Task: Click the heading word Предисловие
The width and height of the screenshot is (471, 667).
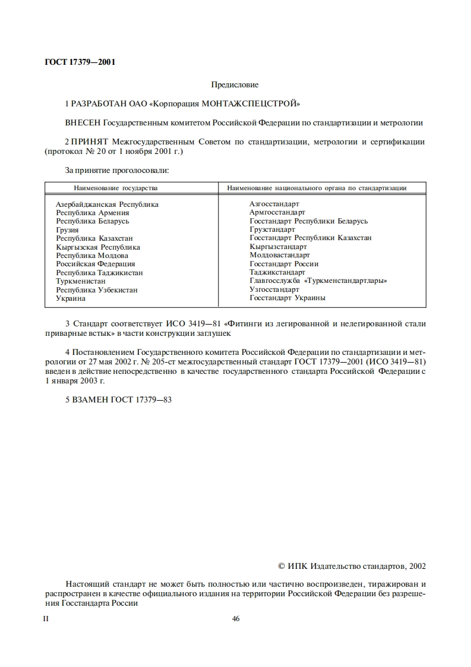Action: (x=235, y=85)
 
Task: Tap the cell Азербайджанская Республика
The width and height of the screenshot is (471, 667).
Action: (x=107, y=204)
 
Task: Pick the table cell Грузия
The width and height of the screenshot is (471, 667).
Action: (x=67, y=229)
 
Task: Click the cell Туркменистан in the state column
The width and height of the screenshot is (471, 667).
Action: (x=81, y=281)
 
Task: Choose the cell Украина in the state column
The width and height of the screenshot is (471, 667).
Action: (x=71, y=298)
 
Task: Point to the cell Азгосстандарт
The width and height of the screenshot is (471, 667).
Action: (x=274, y=204)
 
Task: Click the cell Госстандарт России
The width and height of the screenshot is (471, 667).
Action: (x=284, y=264)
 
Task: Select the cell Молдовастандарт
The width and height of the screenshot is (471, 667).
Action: (x=280, y=256)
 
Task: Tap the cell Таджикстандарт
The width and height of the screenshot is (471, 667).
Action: (x=277, y=272)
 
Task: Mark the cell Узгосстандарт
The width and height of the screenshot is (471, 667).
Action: (x=274, y=290)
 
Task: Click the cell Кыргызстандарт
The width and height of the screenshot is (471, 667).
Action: (x=278, y=247)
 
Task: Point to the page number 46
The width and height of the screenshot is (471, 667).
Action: (x=235, y=619)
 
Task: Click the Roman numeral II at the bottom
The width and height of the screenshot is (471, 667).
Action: (x=47, y=619)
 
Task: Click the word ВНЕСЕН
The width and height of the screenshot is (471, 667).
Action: (x=83, y=123)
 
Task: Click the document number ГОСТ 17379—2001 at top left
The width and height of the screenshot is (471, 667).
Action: (x=80, y=62)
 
